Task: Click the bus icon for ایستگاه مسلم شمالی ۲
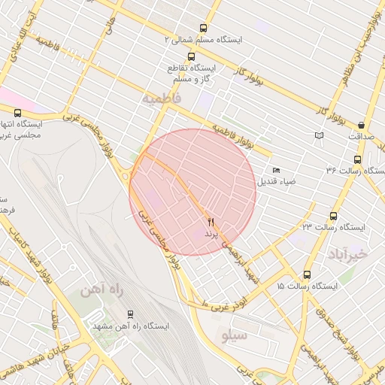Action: (x=204, y=27)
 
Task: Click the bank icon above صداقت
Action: (x=362, y=125)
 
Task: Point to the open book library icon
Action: (x=320, y=135)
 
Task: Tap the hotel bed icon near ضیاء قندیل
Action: (x=276, y=170)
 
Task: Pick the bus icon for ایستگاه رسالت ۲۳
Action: (x=333, y=216)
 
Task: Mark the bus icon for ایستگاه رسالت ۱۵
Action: (x=307, y=274)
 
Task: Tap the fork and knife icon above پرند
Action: (x=211, y=222)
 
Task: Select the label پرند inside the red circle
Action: (x=211, y=234)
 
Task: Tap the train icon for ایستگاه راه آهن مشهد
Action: (x=131, y=314)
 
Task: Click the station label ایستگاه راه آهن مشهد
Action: (x=131, y=326)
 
